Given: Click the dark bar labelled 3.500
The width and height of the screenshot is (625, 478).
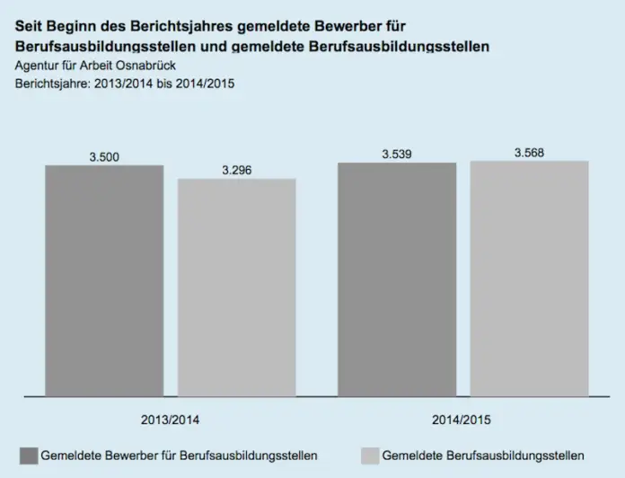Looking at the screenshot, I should click(x=104, y=280).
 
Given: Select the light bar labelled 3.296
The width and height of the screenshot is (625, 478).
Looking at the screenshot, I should click(x=236, y=288).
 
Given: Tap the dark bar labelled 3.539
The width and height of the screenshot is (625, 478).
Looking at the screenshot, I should click(x=396, y=279).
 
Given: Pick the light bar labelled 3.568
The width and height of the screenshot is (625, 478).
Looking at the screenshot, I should click(x=529, y=278).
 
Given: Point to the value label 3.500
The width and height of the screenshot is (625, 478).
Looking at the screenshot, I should click(x=104, y=157).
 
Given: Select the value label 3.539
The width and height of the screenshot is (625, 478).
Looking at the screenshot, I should click(x=396, y=155).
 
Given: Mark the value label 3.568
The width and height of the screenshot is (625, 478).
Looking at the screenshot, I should click(x=529, y=153).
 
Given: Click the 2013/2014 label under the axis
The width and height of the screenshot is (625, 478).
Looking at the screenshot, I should click(x=171, y=420).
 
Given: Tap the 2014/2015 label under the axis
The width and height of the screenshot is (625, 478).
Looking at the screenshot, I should click(x=462, y=420).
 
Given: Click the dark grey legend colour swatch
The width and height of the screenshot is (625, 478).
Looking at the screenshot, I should click(x=28, y=455).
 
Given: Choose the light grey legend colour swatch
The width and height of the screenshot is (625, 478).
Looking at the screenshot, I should click(x=368, y=455).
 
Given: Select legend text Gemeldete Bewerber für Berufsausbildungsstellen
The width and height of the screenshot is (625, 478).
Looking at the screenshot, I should click(x=179, y=456).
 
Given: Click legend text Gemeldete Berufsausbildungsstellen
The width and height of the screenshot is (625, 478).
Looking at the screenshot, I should click(x=484, y=456).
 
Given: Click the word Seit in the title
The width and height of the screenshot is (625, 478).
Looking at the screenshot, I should click(x=29, y=27).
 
